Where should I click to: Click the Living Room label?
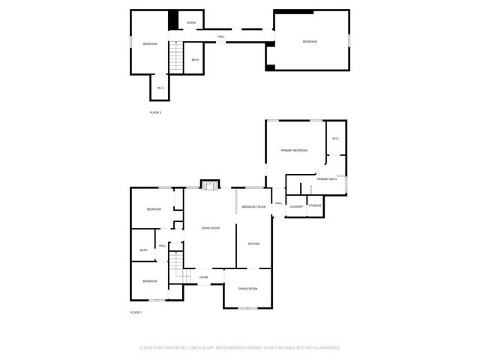(x=210, y=228)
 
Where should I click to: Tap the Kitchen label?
(x=253, y=244)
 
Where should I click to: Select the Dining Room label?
(x=247, y=289)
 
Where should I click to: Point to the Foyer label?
(x=203, y=277)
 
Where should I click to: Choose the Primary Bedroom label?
(x=295, y=151)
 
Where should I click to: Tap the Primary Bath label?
(x=327, y=179)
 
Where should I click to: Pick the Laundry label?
(x=296, y=206)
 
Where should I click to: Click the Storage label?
(x=316, y=206)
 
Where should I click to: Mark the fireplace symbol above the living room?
(x=211, y=184)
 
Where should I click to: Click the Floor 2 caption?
(x=155, y=112)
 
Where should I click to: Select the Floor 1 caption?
(x=136, y=312)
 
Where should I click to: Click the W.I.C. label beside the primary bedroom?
(x=335, y=138)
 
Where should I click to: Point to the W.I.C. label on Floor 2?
(x=160, y=88)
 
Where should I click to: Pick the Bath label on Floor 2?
(x=195, y=60)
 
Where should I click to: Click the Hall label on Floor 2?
(x=221, y=37)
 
